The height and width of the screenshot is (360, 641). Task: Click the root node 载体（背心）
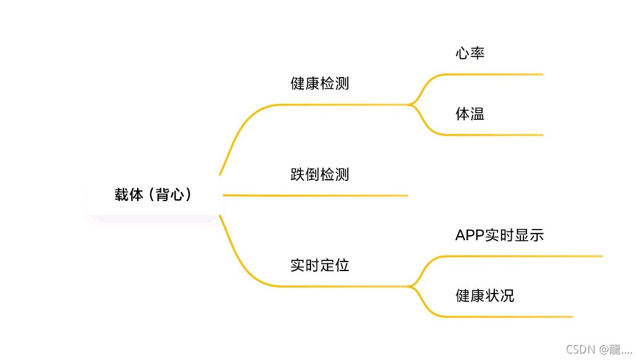coord(154,195)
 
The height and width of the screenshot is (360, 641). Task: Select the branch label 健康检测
coord(319,84)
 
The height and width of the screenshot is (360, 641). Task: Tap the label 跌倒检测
coord(319,175)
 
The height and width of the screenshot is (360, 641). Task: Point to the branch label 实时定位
coord(319,265)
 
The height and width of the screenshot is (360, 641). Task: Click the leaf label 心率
coord(470,53)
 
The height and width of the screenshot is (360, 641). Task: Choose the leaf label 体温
coord(470,114)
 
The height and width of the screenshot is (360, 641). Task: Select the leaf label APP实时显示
coord(499,235)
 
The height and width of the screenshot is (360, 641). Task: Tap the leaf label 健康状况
coord(484,295)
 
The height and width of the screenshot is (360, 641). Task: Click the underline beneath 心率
coord(493,74)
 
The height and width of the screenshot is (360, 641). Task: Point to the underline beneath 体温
coord(493,135)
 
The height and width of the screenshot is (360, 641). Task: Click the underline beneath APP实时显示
coord(516,256)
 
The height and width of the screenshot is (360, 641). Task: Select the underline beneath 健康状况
coord(504,317)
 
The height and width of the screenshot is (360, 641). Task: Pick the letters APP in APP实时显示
coord(469,235)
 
